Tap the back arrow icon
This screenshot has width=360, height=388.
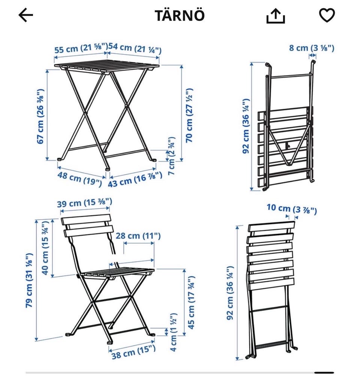pos(26,15)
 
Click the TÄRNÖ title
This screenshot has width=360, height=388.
pos(180,15)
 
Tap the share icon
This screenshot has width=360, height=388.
pos(276,16)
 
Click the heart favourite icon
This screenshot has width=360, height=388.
pos(327,15)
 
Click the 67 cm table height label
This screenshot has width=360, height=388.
pos(40,116)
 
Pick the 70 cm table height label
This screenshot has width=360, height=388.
pos(189,115)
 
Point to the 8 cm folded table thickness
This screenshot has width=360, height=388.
pos(312,48)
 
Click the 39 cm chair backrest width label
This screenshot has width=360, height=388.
pos(84,203)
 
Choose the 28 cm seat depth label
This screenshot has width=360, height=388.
pos(138,236)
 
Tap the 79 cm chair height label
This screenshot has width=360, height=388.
pos(29,280)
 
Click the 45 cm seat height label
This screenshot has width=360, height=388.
pos(191,302)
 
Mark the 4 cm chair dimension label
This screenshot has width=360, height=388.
pos(174,332)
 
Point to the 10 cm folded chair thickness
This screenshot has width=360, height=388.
pos(292,209)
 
